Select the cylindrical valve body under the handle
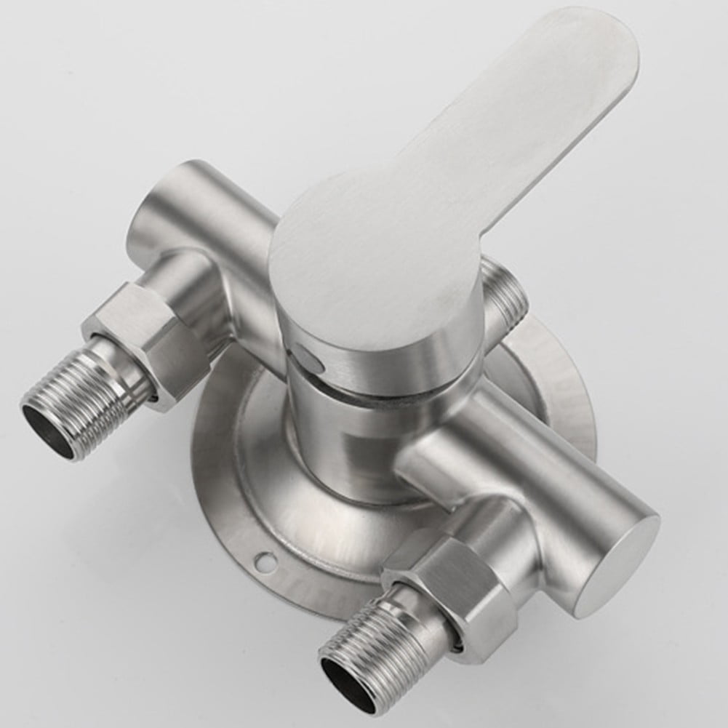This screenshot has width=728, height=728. pyautogui.click(x=349, y=436)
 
